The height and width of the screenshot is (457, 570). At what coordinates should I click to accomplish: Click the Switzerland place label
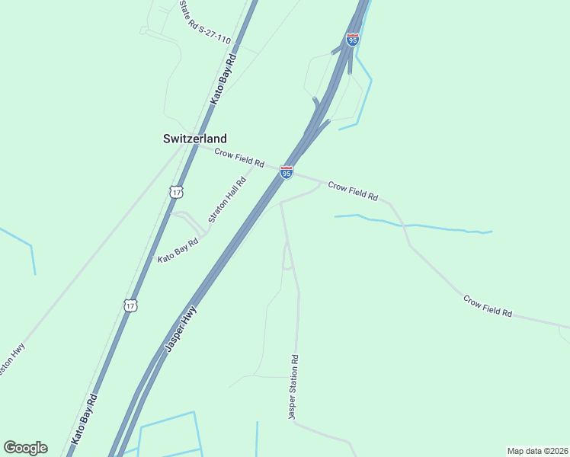(194, 139)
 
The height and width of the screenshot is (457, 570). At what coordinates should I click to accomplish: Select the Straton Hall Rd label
(229, 200)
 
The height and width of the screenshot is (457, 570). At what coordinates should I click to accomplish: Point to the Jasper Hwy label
(181, 328)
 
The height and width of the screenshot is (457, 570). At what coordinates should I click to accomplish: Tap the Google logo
(25, 448)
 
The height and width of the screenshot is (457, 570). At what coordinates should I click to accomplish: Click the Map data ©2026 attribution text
(536, 451)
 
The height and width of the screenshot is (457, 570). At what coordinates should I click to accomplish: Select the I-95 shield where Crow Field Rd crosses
(286, 173)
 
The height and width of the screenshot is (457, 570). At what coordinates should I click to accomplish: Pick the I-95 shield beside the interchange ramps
(352, 40)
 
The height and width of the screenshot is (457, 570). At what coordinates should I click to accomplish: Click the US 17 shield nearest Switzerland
(176, 192)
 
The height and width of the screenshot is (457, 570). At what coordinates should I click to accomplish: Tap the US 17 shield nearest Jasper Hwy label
(130, 305)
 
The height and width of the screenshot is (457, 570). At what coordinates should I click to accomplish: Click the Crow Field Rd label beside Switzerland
(239, 158)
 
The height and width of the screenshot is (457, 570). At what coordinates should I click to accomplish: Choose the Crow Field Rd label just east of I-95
(353, 190)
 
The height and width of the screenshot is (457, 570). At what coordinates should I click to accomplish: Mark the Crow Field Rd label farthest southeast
(488, 306)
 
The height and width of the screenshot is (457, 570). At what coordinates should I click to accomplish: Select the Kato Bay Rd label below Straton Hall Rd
(178, 251)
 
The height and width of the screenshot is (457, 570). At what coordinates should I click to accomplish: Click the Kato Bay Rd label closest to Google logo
(84, 419)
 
